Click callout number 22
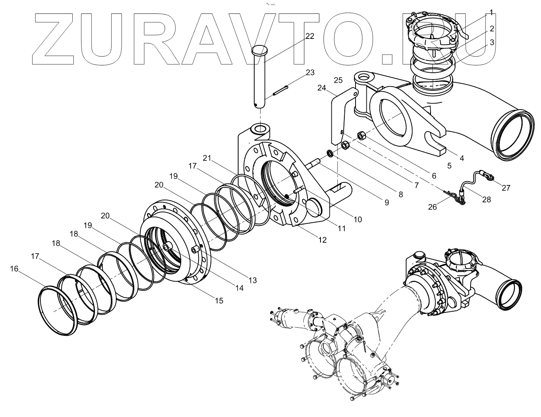(x=310, y=36)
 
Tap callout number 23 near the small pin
(x=310, y=72)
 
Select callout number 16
(x=14, y=269)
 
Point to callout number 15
(x=219, y=300)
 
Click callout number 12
(x=322, y=240)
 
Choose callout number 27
(x=506, y=188)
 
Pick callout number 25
(x=338, y=80)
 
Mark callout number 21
(x=207, y=158)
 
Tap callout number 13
(x=252, y=280)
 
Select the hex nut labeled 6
(x=361, y=135)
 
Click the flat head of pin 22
(x=260, y=50)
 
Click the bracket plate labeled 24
(x=339, y=115)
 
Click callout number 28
(x=486, y=200)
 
